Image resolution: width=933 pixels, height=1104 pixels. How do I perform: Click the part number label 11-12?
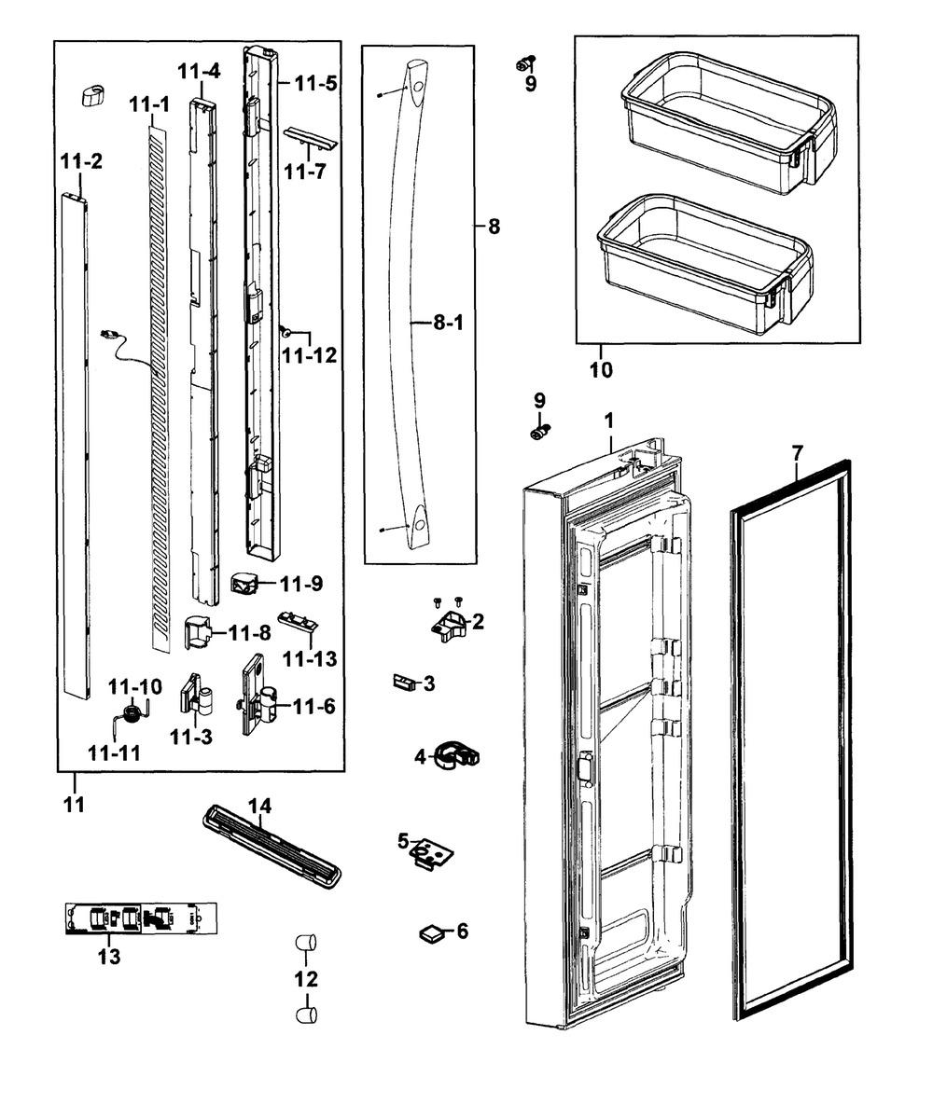310,355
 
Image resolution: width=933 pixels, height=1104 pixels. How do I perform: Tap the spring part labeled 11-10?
132,713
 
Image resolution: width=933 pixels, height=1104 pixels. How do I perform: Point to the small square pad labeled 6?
431,931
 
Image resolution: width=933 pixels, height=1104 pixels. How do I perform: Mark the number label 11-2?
82,161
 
